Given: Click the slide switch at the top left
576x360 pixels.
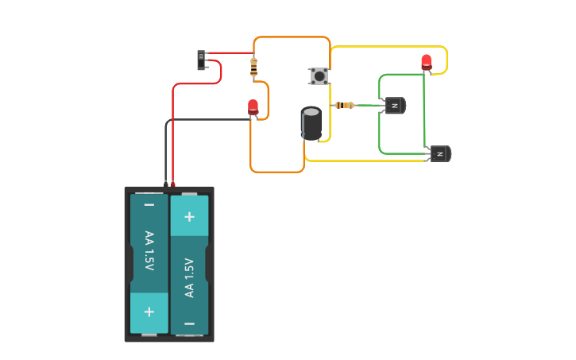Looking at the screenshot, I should (202, 60).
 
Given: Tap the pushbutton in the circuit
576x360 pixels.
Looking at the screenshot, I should (319, 76).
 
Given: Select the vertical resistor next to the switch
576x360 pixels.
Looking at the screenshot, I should (253, 68).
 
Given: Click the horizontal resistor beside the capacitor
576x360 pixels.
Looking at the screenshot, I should (345, 105).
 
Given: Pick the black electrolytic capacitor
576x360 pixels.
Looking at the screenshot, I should (311, 123).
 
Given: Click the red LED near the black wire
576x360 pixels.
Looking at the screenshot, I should (253, 106).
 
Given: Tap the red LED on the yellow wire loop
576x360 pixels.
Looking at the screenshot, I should (427, 61).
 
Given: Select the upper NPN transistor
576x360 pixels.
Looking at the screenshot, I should (394, 105).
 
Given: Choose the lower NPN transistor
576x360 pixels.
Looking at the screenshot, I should (439, 153).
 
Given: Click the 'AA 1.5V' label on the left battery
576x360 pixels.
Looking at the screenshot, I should (149, 250).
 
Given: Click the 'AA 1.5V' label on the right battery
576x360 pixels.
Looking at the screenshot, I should (189, 277).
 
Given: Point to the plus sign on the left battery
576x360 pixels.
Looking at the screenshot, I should (149, 312).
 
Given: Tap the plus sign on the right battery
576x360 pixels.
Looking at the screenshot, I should (189, 216).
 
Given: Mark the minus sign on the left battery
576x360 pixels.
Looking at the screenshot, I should (149, 206).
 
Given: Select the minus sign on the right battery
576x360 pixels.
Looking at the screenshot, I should (189, 323).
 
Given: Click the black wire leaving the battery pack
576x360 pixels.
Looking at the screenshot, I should (166, 151).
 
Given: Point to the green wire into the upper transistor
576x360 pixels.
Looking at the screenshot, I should (369, 105).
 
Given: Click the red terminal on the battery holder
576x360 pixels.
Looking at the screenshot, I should (172, 184).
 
